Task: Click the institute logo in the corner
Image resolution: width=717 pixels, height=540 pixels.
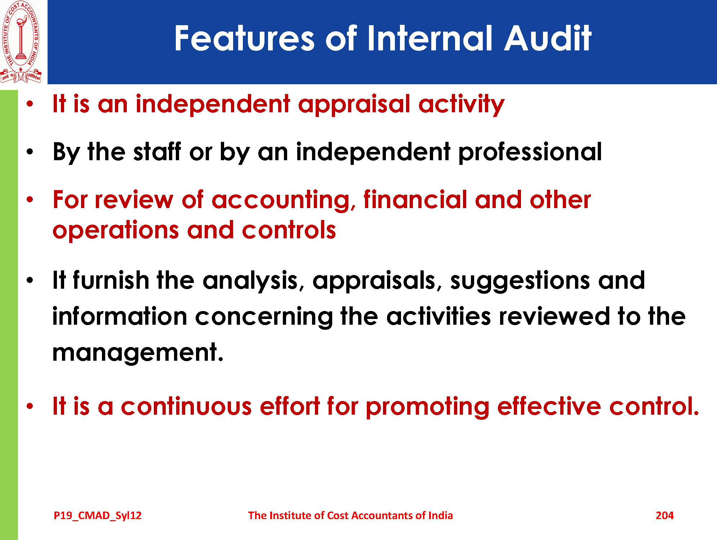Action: [x=21, y=42]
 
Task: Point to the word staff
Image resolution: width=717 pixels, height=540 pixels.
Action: [x=157, y=152]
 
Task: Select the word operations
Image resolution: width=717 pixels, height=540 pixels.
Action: [x=116, y=231]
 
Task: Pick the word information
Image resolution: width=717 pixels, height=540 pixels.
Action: [x=120, y=316]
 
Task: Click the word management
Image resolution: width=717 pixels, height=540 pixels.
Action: [x=138, y=353]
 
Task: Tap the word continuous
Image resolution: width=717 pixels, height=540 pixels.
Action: [x=186, y=406]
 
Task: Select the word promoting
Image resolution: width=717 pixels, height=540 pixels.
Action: [x=427, y=407]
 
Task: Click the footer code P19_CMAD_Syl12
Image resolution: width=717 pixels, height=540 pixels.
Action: [x=98, y=516]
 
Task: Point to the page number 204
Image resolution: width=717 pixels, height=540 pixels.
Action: [x=665, y=516]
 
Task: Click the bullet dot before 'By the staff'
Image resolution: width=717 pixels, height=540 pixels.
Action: [x=30, y=152]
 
